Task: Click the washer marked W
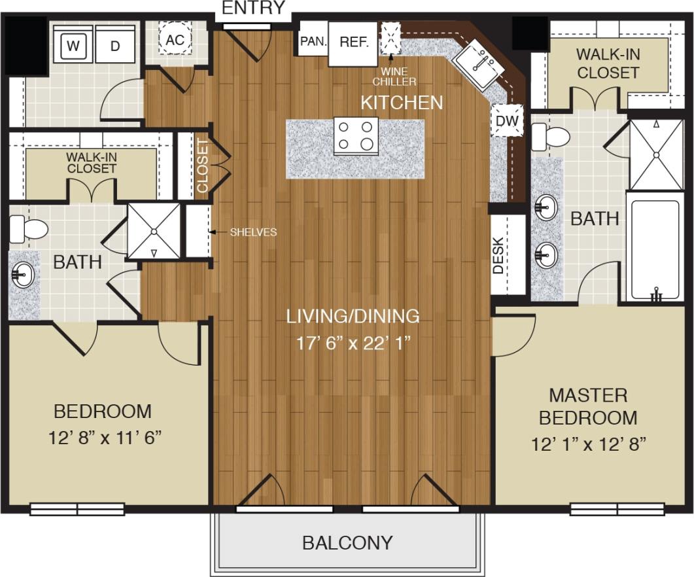pos(73,45)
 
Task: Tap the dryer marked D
pos(115,45)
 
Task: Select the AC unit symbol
pos(175,39)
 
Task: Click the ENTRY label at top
pos(254,9)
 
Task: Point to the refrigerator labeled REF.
pos(353,43)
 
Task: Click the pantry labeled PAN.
pos(313,41)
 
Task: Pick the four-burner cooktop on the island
pos(356,135)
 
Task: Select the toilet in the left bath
pos(29,229)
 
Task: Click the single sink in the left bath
pos(23,275)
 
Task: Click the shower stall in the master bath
pos(656,154)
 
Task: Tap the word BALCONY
pos(347,543)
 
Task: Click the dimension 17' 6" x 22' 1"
pos(353,344)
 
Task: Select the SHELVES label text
pos(253,232)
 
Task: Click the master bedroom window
pos(617,509)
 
